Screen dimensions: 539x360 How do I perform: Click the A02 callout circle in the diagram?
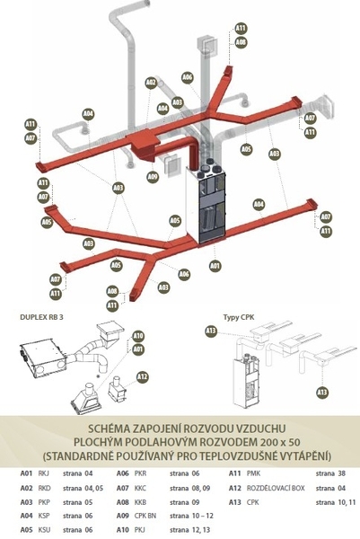151,83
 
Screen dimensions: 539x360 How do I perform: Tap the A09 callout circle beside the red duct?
154,177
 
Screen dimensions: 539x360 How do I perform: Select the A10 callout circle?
138,336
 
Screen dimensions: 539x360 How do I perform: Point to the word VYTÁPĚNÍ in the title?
303,457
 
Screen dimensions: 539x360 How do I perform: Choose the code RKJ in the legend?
43,473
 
